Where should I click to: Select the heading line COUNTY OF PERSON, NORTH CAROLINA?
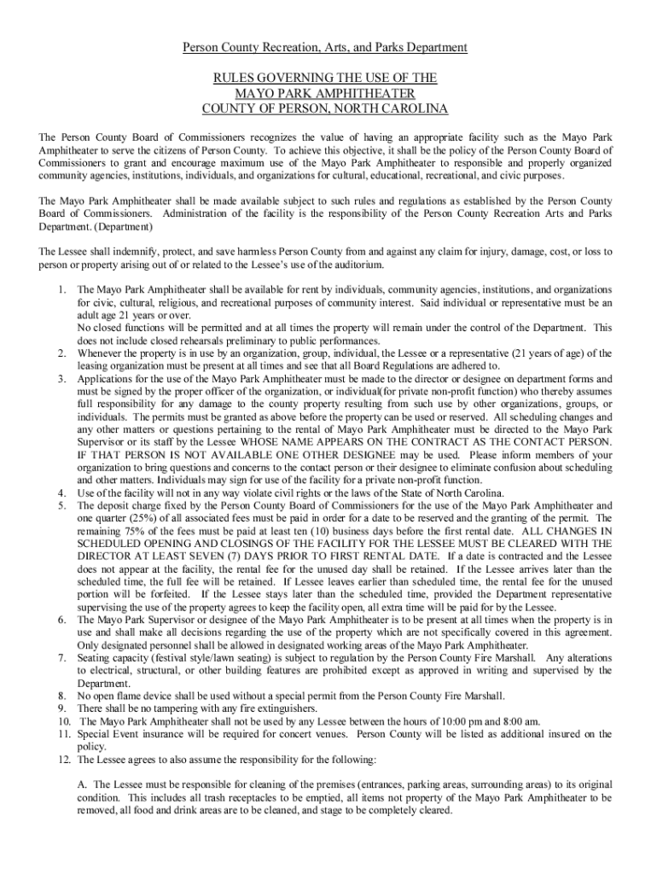pos(324,108)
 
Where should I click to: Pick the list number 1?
pos(62,290)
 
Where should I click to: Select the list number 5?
pos(62,505)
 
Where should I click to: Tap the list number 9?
pos(62,708)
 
